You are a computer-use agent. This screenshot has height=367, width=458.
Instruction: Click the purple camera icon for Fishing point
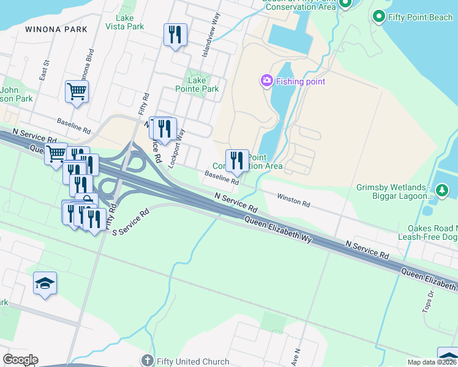coord(266,81)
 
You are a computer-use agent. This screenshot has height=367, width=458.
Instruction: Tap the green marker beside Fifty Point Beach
coord(379,17)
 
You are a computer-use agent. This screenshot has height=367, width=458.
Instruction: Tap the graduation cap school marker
coord(45,283)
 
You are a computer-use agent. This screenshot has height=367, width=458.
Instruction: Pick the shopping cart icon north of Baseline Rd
coord(77,91)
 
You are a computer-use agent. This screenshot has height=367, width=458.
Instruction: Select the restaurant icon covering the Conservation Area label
coord(237,161)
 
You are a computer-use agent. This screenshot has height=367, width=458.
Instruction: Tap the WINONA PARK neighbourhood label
coord(56,29)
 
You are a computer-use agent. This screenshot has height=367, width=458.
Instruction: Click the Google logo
coord(20,360)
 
